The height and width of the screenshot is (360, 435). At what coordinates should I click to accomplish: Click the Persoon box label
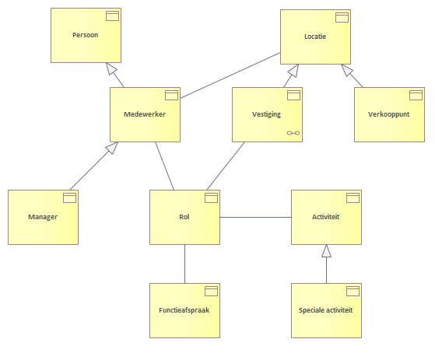point(85,35)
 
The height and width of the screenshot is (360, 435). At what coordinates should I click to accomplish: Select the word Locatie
point(315,37)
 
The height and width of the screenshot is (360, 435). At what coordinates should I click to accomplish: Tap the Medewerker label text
point(145,114)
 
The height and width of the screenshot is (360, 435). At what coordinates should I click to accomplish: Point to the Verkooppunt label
point(388,114)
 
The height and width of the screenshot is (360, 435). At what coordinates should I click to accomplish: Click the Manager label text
point(43,217)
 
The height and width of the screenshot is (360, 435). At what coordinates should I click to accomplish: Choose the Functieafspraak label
point(184,310)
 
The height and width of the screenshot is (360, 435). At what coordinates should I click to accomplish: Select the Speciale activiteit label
point(326,310)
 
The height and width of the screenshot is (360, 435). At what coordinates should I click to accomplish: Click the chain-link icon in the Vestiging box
point(293,133)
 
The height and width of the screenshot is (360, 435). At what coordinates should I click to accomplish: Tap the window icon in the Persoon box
point(112,16)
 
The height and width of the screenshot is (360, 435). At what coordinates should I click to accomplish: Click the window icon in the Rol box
point(211,197)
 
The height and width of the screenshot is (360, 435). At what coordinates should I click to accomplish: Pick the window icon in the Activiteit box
point(353,197)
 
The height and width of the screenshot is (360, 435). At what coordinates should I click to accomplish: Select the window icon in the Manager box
point(69,197)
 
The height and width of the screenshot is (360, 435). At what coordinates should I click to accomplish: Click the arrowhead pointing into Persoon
point(111,68)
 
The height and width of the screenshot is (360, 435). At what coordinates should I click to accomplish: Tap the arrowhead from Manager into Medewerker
point(112,148)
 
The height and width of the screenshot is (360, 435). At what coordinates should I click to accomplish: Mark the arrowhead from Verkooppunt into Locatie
point(347,70)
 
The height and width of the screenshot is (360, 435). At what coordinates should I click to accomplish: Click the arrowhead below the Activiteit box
point(327,251)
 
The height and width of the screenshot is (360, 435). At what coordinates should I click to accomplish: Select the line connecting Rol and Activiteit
point(255,217)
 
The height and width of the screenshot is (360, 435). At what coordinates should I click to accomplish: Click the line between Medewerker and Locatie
point(230,75)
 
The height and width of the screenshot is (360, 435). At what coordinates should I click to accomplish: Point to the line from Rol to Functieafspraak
point(184,264)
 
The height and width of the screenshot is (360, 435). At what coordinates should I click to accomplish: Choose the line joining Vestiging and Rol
point(226,166)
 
